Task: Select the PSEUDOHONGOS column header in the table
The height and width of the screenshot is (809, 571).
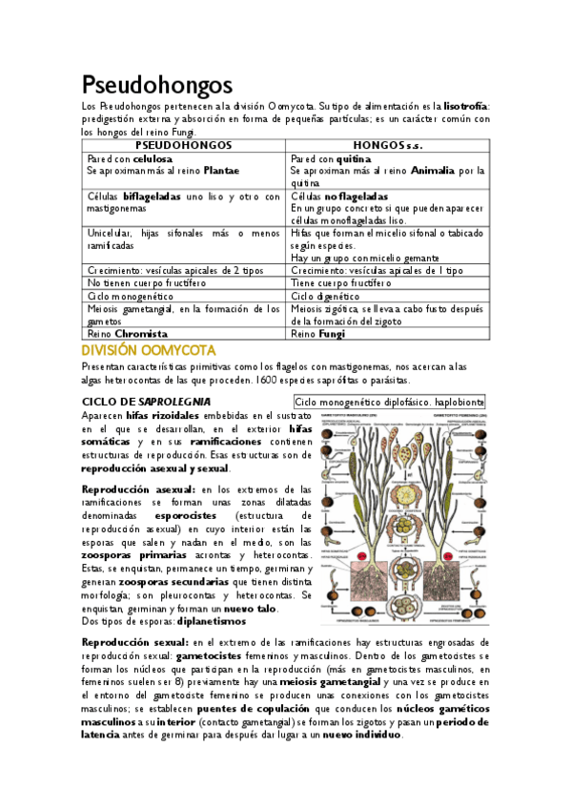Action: tap(183, 144)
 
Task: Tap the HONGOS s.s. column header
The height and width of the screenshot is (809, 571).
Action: tap(388, 144)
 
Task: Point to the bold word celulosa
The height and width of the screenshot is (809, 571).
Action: tap(153, 157)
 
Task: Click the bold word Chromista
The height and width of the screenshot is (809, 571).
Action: tap(141, 334)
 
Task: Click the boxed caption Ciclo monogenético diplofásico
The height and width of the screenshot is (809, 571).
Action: tap(389, 403)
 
